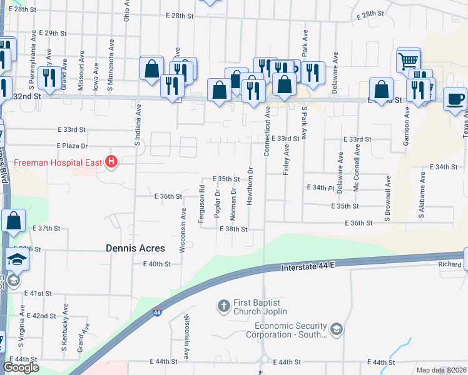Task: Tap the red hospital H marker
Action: (x=111, y=162)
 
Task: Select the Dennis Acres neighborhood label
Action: (x=135, y=248)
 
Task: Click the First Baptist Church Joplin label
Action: (x=260, y=306)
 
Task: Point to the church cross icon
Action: (x=223, y=306)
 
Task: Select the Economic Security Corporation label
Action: (x=290, y=330)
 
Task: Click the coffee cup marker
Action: (x=455, y=99)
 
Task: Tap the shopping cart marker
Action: (x=408, y=61)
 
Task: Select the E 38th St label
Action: (x=233, y=229)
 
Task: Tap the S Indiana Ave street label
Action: (x=138, y=125)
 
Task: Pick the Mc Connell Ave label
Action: (x=357, y=169)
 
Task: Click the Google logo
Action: (x=21, y=367)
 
